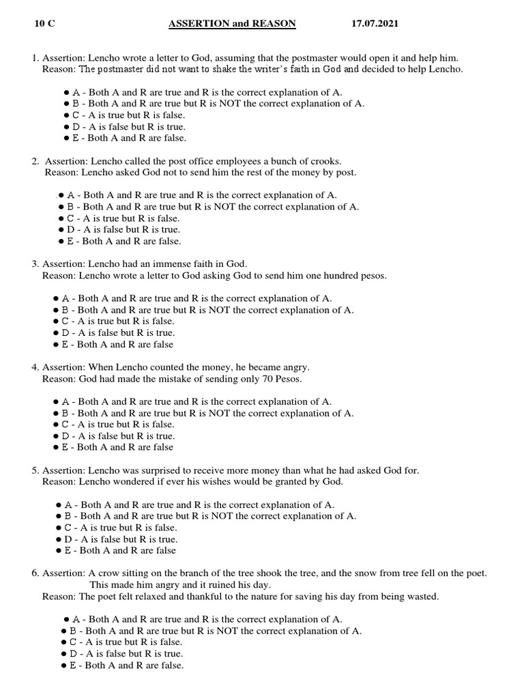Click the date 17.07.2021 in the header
[x=375, y=23]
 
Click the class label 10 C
[x=44, y=23]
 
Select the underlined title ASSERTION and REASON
[x=233, y=23]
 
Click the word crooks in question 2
[x=325, y=161]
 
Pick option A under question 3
[x=57, y=298]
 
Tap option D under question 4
[x=57, y=436]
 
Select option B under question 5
[x=59, y=516]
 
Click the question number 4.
[x=35, y=367]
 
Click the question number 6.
[x=35, y=573]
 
